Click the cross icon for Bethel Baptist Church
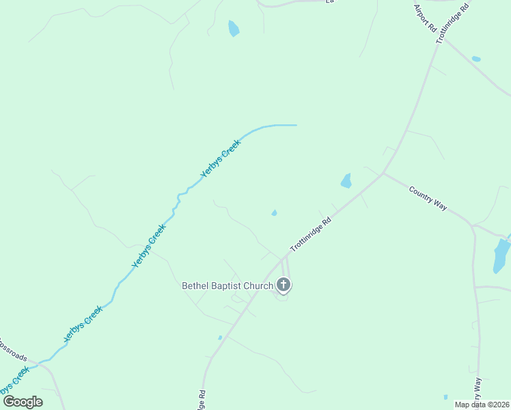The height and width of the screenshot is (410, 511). (284, 284)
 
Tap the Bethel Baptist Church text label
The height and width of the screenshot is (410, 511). (227, 286)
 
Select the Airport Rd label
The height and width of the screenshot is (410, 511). (424, 19)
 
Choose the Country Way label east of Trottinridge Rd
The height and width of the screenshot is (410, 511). (428, 198)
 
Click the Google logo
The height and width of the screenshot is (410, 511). (23, 401)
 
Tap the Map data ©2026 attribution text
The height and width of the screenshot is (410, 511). (482, 405)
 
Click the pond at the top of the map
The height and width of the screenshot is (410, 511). (234, 28)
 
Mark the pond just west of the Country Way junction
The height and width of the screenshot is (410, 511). (346, 180)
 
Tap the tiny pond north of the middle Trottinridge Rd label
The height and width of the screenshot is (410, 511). (274, 213)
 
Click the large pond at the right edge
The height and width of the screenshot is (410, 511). (501, 256)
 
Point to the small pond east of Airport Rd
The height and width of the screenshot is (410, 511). (476, 59)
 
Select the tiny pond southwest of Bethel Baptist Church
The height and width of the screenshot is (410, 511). (220, 338)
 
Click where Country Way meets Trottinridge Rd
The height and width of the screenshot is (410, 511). (383, 173)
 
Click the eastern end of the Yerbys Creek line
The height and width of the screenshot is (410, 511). (295, 125)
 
